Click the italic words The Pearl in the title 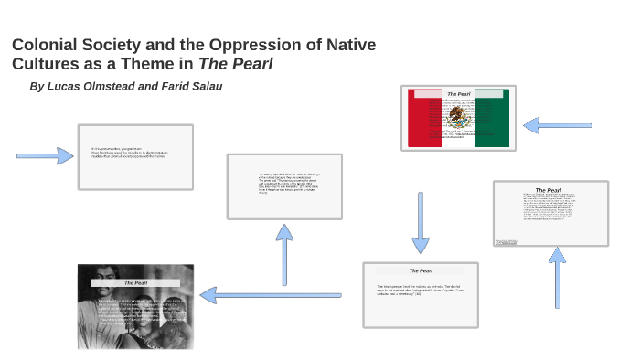[236, 64]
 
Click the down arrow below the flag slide [420, 223]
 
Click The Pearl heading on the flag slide [458, 94]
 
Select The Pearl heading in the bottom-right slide [421, 270]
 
